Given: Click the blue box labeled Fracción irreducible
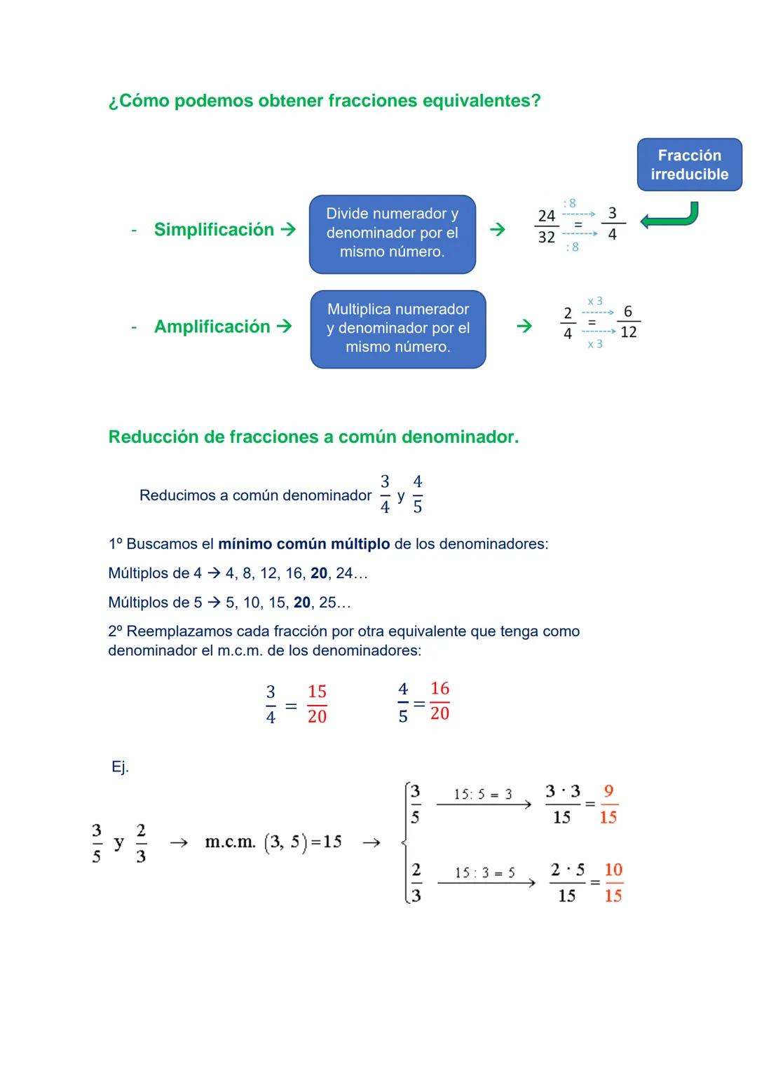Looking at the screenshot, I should [x=689, y=165].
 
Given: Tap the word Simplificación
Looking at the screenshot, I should [x=214, y=230].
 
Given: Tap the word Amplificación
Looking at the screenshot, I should [x=212, y=327].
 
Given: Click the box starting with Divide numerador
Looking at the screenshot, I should [x=392, y=233].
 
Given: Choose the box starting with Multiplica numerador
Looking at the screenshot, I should [x=397, y=329].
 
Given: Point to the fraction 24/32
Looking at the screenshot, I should [x=547, y=226].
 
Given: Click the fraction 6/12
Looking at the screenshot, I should [x=628, y=322].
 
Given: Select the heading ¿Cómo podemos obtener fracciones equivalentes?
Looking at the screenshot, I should [x=325, y=101].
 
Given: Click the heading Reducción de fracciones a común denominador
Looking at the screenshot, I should [x=313, y=437].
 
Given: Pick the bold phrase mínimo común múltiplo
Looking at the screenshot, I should [x=304, y=544].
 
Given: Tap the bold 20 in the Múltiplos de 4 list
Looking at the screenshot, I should [x=319, y=574].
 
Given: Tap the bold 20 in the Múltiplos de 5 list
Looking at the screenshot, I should [x=302, y=603].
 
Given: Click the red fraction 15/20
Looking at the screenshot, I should [x=317, y=704].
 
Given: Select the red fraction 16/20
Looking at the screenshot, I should [x=439, y=701].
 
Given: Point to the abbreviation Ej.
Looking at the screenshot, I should [x=120, y=767].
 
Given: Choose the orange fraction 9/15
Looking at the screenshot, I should [x=608, y=804].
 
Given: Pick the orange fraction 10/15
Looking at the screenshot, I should [x=613, y=883].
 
